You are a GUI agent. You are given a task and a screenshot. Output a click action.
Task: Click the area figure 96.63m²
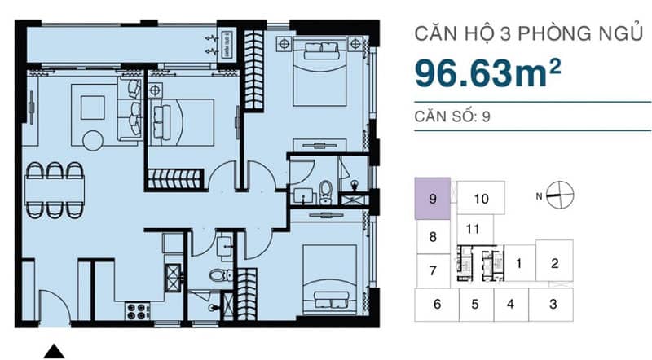[x=487, y=73]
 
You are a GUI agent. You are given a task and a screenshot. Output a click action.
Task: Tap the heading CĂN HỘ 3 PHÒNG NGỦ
[x=528, y=33]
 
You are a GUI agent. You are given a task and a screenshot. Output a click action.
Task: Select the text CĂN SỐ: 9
[x=452, y=116]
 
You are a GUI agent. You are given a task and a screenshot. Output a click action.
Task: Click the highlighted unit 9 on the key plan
[x=433, y=199]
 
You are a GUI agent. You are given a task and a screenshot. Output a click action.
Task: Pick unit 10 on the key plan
[x=481, y=198]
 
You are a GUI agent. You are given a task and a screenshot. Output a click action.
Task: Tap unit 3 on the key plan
[x=553, y=305]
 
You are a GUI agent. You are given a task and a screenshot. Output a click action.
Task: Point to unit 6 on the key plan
[x=437, y=305]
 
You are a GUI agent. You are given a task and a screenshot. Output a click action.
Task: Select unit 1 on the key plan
[x=519, y=263]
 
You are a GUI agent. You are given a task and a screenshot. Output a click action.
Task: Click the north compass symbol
[x=560, y=195]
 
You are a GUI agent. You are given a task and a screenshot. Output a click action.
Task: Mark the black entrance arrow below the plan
[x=54, y=351]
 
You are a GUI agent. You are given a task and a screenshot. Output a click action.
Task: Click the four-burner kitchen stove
[x=138, y=311]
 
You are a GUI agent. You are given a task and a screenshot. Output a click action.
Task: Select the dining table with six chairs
[x=55, y=190]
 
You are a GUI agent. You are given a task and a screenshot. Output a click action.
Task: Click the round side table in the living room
[x=93, y=141]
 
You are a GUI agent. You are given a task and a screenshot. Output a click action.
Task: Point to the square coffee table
[x=92, y=108]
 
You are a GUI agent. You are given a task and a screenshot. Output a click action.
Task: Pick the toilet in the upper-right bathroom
[x=325, y=191]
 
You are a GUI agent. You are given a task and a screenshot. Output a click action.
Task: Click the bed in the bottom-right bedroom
[x=330, y=279]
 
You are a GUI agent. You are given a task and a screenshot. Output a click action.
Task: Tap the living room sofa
[x=130, y=108]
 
